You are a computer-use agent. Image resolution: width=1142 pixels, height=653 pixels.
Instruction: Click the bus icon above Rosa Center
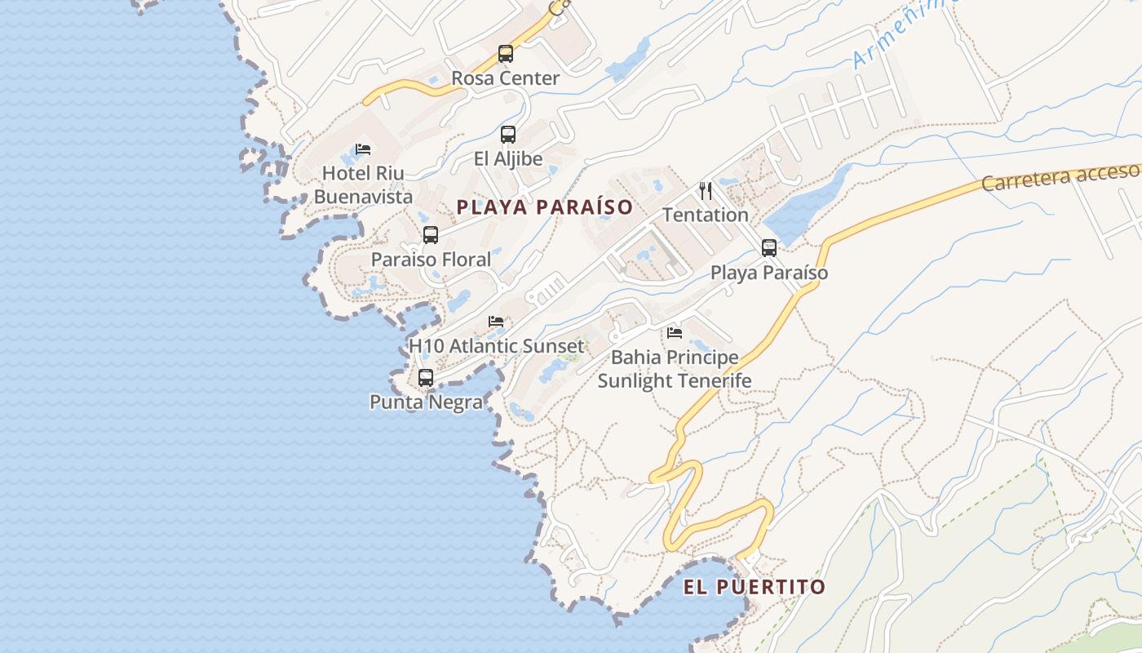[506, 55]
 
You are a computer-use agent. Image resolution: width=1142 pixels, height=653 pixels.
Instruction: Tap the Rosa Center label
[506, 79]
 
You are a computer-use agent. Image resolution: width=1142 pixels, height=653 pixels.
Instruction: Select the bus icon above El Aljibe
[508, 135]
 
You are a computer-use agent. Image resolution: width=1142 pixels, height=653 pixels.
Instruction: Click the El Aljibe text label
[508, 159]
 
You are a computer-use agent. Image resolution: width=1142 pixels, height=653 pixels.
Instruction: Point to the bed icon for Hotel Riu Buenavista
[363, 149]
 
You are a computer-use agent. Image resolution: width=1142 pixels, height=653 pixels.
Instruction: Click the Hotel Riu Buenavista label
[363, 185]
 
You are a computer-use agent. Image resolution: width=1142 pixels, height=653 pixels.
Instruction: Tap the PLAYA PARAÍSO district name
[545, 207]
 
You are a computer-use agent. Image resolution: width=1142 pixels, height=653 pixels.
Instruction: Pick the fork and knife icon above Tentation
[706, 191]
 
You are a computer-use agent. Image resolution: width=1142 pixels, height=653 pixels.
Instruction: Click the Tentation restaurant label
[706, 215]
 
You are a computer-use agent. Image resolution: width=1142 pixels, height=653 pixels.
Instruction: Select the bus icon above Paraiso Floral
[431, 235]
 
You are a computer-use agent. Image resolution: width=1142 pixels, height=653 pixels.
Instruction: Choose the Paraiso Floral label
[431, 260]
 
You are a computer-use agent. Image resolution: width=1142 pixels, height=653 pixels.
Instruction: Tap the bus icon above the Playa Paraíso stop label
[769, 248]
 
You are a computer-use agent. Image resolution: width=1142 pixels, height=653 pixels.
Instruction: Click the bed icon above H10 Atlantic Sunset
[496, 322]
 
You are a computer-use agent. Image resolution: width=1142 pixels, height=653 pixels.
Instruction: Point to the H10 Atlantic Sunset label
[496, 346]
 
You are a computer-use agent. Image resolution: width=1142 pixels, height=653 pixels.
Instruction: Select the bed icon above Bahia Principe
[675, 333]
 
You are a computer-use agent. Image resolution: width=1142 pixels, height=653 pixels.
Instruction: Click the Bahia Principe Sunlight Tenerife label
[675, 370]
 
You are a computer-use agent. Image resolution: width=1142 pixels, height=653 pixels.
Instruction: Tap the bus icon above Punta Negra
[426, 378]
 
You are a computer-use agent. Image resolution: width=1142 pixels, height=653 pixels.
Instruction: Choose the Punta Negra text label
[426, 402]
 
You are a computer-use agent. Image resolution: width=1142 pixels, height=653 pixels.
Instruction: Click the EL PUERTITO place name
[755, 587]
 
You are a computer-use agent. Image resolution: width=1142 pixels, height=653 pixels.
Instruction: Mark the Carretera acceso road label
[1060, 176]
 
